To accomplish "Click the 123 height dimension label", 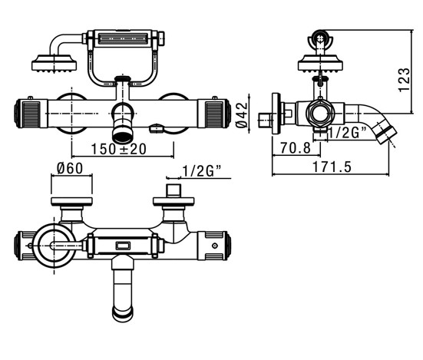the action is [x=404, y=80].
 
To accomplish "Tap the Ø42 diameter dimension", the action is [x=242, y=114].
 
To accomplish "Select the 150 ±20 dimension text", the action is [x=119, y=149].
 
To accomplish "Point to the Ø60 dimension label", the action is [x=70, y=169].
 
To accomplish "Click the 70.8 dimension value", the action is [x=296, y=148].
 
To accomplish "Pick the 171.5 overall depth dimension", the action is [x=332, y=167].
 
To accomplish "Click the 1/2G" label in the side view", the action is [x=347, y=132].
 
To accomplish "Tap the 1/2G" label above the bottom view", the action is [x=201, y=170].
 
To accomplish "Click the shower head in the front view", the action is [x=54, y=64].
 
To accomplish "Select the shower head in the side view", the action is [x=320, y=64].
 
